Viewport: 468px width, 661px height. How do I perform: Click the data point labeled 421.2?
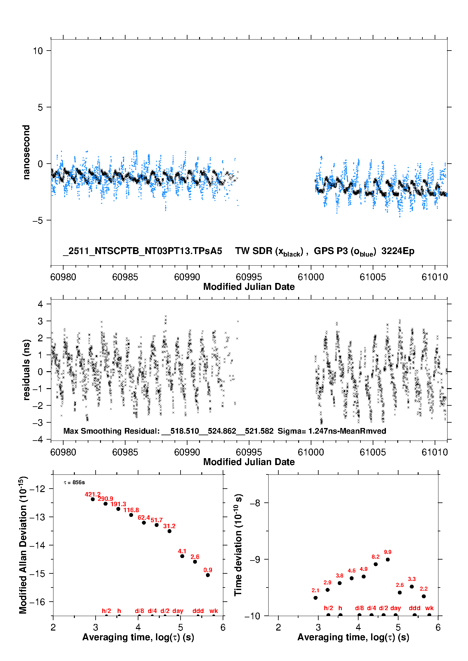93,499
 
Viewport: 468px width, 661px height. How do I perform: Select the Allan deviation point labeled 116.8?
131,515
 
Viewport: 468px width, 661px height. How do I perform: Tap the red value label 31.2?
169,526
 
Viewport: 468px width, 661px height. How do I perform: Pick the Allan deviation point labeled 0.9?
208,575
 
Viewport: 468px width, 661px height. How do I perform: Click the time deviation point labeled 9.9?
388,559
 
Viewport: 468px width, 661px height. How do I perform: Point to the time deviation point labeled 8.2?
376,564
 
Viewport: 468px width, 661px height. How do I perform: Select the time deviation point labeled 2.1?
315,598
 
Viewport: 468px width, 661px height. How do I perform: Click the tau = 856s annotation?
74,482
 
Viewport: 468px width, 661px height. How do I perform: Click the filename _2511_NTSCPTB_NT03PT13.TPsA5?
142,251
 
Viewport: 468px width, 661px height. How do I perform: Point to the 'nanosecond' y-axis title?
26,152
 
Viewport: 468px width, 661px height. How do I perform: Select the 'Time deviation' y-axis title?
238,545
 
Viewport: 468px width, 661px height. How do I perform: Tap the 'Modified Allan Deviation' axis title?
23,545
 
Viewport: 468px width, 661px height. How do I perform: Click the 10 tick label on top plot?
38,51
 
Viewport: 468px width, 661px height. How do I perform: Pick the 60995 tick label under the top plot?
249,277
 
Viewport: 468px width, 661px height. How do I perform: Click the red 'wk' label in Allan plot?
214,611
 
